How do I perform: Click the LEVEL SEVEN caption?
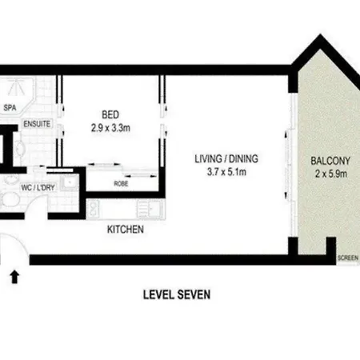[177, 294]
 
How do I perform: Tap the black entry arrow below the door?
[14, 277]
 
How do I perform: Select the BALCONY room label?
[330, 161]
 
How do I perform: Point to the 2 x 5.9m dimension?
[331, 174]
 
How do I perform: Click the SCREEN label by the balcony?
[348, 258]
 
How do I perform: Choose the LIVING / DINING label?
[226, 158]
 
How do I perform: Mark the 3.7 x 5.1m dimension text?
[226, 172]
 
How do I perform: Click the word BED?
[110, 114]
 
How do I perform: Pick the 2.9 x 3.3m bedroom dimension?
[110, 128]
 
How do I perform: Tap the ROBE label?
[121, 183]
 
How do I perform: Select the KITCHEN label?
[126, 230]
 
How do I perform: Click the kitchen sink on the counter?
[149, 209]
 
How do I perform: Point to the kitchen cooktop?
[94, 209]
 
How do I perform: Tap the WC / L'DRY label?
[38, 187]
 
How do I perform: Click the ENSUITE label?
[37, 124]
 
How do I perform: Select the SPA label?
[10, 108]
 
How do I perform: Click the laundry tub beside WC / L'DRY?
[70, 182]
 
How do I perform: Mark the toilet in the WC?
[10, 199]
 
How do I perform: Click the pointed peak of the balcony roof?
[319, 34]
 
